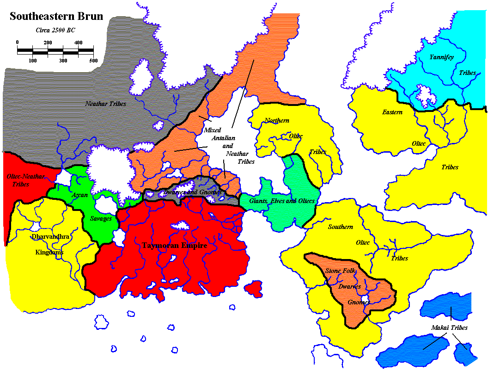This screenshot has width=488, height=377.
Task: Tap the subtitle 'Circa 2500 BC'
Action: pyautogui.click(x=55, y=31)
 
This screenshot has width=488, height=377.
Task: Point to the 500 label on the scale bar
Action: pyautogui.click(x=93, y=61)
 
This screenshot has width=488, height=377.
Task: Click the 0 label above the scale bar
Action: pyautogui.click(x=18, y=42)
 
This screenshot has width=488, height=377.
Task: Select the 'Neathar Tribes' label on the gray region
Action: pyautogui.click(x=105, y=104)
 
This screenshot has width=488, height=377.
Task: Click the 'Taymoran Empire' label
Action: pyautogui.click(x=175, y=246)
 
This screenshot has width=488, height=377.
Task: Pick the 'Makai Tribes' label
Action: pyautogui.click(x=450, y=328)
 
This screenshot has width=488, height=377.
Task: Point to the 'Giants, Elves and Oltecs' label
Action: pyautogui.click(x=282, y=201)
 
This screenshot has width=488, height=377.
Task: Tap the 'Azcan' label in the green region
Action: pyautogui.click(x=79, y=195)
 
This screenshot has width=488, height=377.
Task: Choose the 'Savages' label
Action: pyautogui.click(x=101, y=218)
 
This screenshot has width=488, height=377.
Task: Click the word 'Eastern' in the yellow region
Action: pyautogui.click(x=392, y=112)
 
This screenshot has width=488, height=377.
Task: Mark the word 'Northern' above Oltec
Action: pyautogui.click(x=277, y=121)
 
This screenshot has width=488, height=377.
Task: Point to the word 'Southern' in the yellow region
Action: pyautogui.click(x=341, y=227)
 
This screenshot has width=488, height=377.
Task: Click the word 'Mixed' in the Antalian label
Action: pyautogui.click(x=213, y=130)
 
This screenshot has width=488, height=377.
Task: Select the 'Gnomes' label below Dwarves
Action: pyautogui.click(x=359, y=303)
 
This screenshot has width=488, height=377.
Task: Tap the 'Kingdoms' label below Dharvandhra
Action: pyautogui.click(x=49, y=253)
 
